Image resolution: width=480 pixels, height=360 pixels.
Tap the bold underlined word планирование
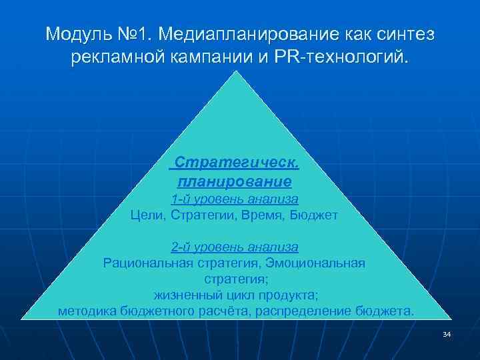235,181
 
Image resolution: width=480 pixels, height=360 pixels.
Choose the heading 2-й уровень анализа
235,247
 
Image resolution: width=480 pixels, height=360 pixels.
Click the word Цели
147,215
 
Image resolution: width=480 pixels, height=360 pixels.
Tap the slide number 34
447,334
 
